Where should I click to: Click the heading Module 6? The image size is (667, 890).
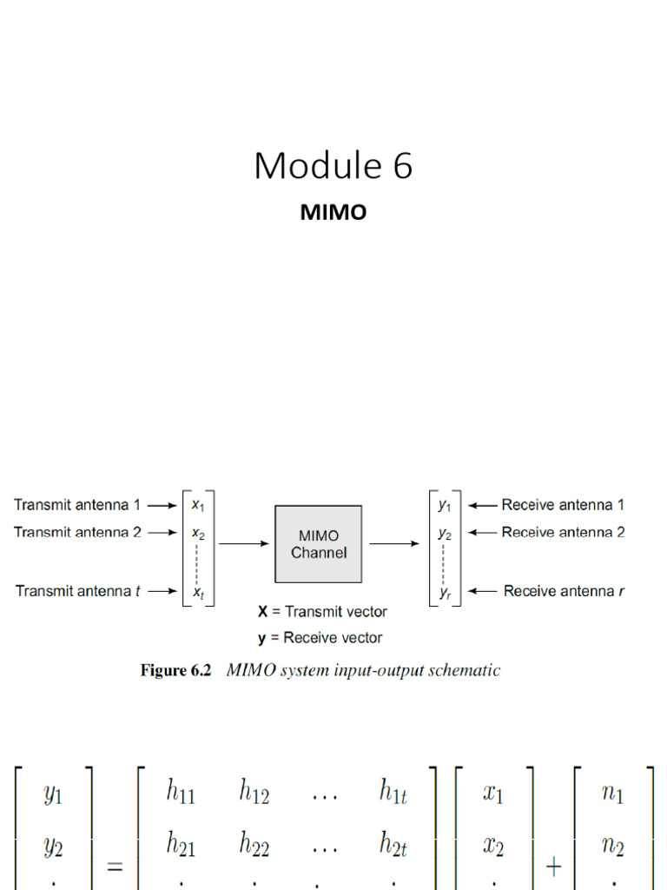click(333, 165)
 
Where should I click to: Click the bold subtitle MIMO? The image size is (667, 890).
click(333, 212)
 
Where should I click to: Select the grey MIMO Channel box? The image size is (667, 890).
click(318, 544)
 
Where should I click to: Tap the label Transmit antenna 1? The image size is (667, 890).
click(77, 505)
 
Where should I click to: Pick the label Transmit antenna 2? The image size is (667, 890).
click(77, 532)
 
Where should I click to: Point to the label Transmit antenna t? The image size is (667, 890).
click(77, 591)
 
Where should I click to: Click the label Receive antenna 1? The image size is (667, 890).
click(563, 505)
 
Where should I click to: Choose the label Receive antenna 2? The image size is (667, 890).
click(563, 532)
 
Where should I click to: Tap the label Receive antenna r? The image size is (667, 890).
click(564, 591)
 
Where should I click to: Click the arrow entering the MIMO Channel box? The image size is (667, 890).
click(244, 544)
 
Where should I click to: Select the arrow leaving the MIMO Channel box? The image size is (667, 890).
click(394, 544)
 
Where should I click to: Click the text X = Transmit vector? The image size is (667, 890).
click(322, 611)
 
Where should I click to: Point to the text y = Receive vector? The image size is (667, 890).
click(320, 638)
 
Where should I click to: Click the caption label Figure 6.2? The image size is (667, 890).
click(175, 670)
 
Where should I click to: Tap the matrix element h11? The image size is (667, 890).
click(181, 791)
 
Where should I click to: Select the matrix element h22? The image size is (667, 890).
click(254, 843)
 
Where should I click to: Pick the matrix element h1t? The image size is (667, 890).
click(393, 791)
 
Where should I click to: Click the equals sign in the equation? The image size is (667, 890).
click(116, 867)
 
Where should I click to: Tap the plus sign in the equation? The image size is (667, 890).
click(553, 867)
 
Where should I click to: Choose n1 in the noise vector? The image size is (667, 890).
click(612, 793)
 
